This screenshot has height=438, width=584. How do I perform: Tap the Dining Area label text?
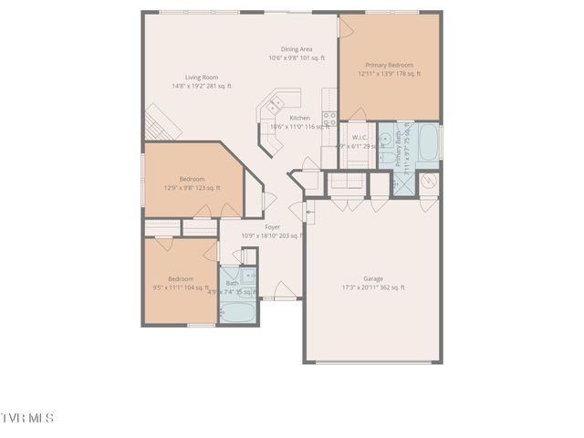297,50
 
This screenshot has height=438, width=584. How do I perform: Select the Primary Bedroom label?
389,66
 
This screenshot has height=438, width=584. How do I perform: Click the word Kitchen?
299,118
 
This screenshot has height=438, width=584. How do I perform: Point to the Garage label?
372,278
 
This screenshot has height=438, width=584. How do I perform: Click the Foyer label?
272,227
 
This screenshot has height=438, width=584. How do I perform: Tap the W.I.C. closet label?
359,138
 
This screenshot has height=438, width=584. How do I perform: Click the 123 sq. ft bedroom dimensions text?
193,188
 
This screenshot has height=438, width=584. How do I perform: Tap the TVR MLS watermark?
27,418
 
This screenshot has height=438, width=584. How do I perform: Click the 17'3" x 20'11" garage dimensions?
372,287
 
